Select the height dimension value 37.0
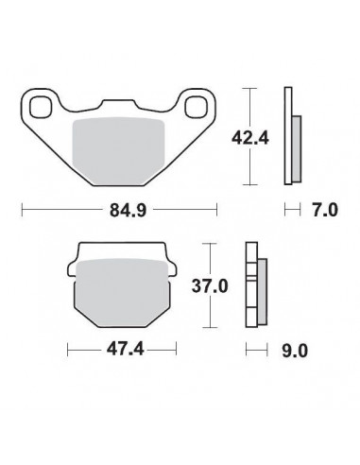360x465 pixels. point(224,284)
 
